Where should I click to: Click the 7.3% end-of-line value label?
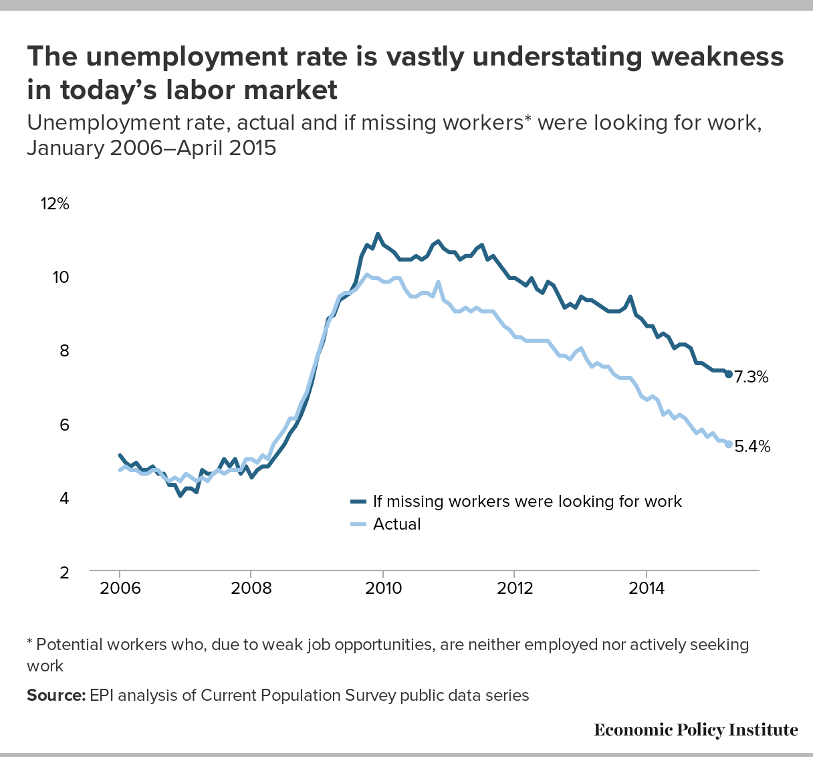pyautogui.click(x=751, y=377)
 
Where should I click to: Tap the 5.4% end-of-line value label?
pyautogui.click(x=752, y=446)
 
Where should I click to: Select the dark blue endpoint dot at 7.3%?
pyautogui.click(x=729, y=374)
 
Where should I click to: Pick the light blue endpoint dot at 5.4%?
pyautogui.click(x=729, y=444)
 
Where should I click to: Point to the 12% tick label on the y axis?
pyautogui.click(x=55, y=203)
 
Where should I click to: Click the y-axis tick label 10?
pyautogui.click(x=61, y=277)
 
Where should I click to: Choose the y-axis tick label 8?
pyautogui.click(x=64, y=350)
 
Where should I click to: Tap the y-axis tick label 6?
pyautogui.click(x=64, y=425)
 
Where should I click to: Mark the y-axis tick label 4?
pyautogui.click(x=64, y=498)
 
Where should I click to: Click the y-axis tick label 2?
pyautogui.click(x=64, y=572)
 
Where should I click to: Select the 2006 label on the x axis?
pyautogui.click(x=120, y=588)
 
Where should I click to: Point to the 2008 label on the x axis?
pyautogui.click(x=251, y=588)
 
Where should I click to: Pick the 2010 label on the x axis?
pyautogui.click(x=382, y=588)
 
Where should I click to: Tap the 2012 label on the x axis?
pyautogui.click(x=514, y=588)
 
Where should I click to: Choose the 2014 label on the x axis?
pyautogui.click(x=646, y=588)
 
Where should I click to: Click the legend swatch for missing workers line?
pyautogui.click(x=358, y=502)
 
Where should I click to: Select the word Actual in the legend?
pyautogui.click(x=397, y=524)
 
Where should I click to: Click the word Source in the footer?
pyautogui.click(x=56, y=695)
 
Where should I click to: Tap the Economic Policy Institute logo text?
pyautogui.click(x=695, y=730)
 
